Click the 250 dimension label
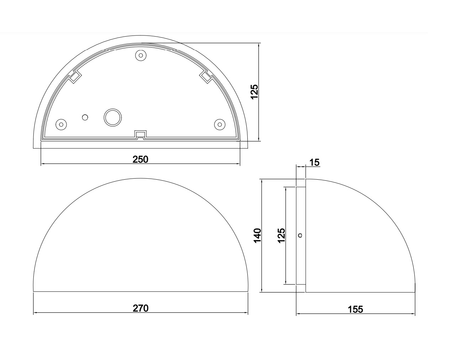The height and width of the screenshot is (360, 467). (x=140, y=159)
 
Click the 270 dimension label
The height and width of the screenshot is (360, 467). (x=140, y=308)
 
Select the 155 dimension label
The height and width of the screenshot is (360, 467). (x=355, y=309)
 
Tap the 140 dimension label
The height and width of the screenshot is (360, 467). (x=257, y=235)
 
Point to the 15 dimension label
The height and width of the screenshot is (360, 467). (x=315, y=163)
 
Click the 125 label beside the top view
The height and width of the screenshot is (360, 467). (x=254, y=92)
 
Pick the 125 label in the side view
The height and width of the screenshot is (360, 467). (x=281, y=235)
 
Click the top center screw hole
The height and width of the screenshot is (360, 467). (x=141, y=55)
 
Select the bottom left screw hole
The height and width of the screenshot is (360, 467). (x=61, y=124)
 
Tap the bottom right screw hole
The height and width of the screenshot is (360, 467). (x=220, y=124)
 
